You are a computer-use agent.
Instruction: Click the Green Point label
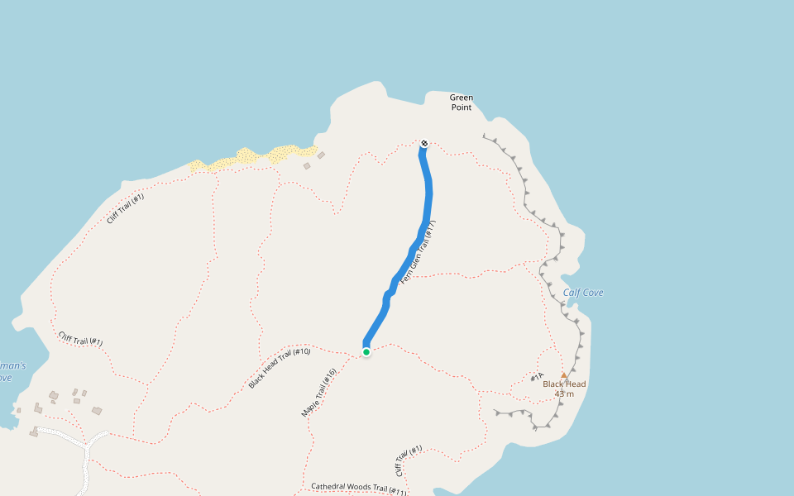pyautogui.click(x=462, y=103)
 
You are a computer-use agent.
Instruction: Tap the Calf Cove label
pyautogui.click(x=583, y=293)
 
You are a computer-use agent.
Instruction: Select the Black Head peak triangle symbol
pyautogui.click(x=564, y=375)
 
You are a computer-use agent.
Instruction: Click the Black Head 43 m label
pyautogui.click(x=564, y=389)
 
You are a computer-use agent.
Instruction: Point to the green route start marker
pyautogui.click(x=366, y=352)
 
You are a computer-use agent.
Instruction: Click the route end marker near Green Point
pyautogui.click(x=424, y=143)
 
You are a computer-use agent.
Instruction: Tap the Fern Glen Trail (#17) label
pyautogui.click(x=418, y=252)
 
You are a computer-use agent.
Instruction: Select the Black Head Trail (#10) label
pyautogui.click(x=280, y=369)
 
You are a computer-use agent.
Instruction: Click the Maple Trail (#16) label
pyautogui.click(x=319, y=393)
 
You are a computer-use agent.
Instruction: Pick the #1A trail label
pyautogui.click(x=537, y=378)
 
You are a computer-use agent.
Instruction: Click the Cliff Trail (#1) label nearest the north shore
pyautogui.click(x=126, y=209)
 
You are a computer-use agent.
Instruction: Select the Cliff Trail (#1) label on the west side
pyautogui.click(x=80, y=339)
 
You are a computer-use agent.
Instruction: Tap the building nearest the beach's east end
pyautogui.click(x=321, y=155)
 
